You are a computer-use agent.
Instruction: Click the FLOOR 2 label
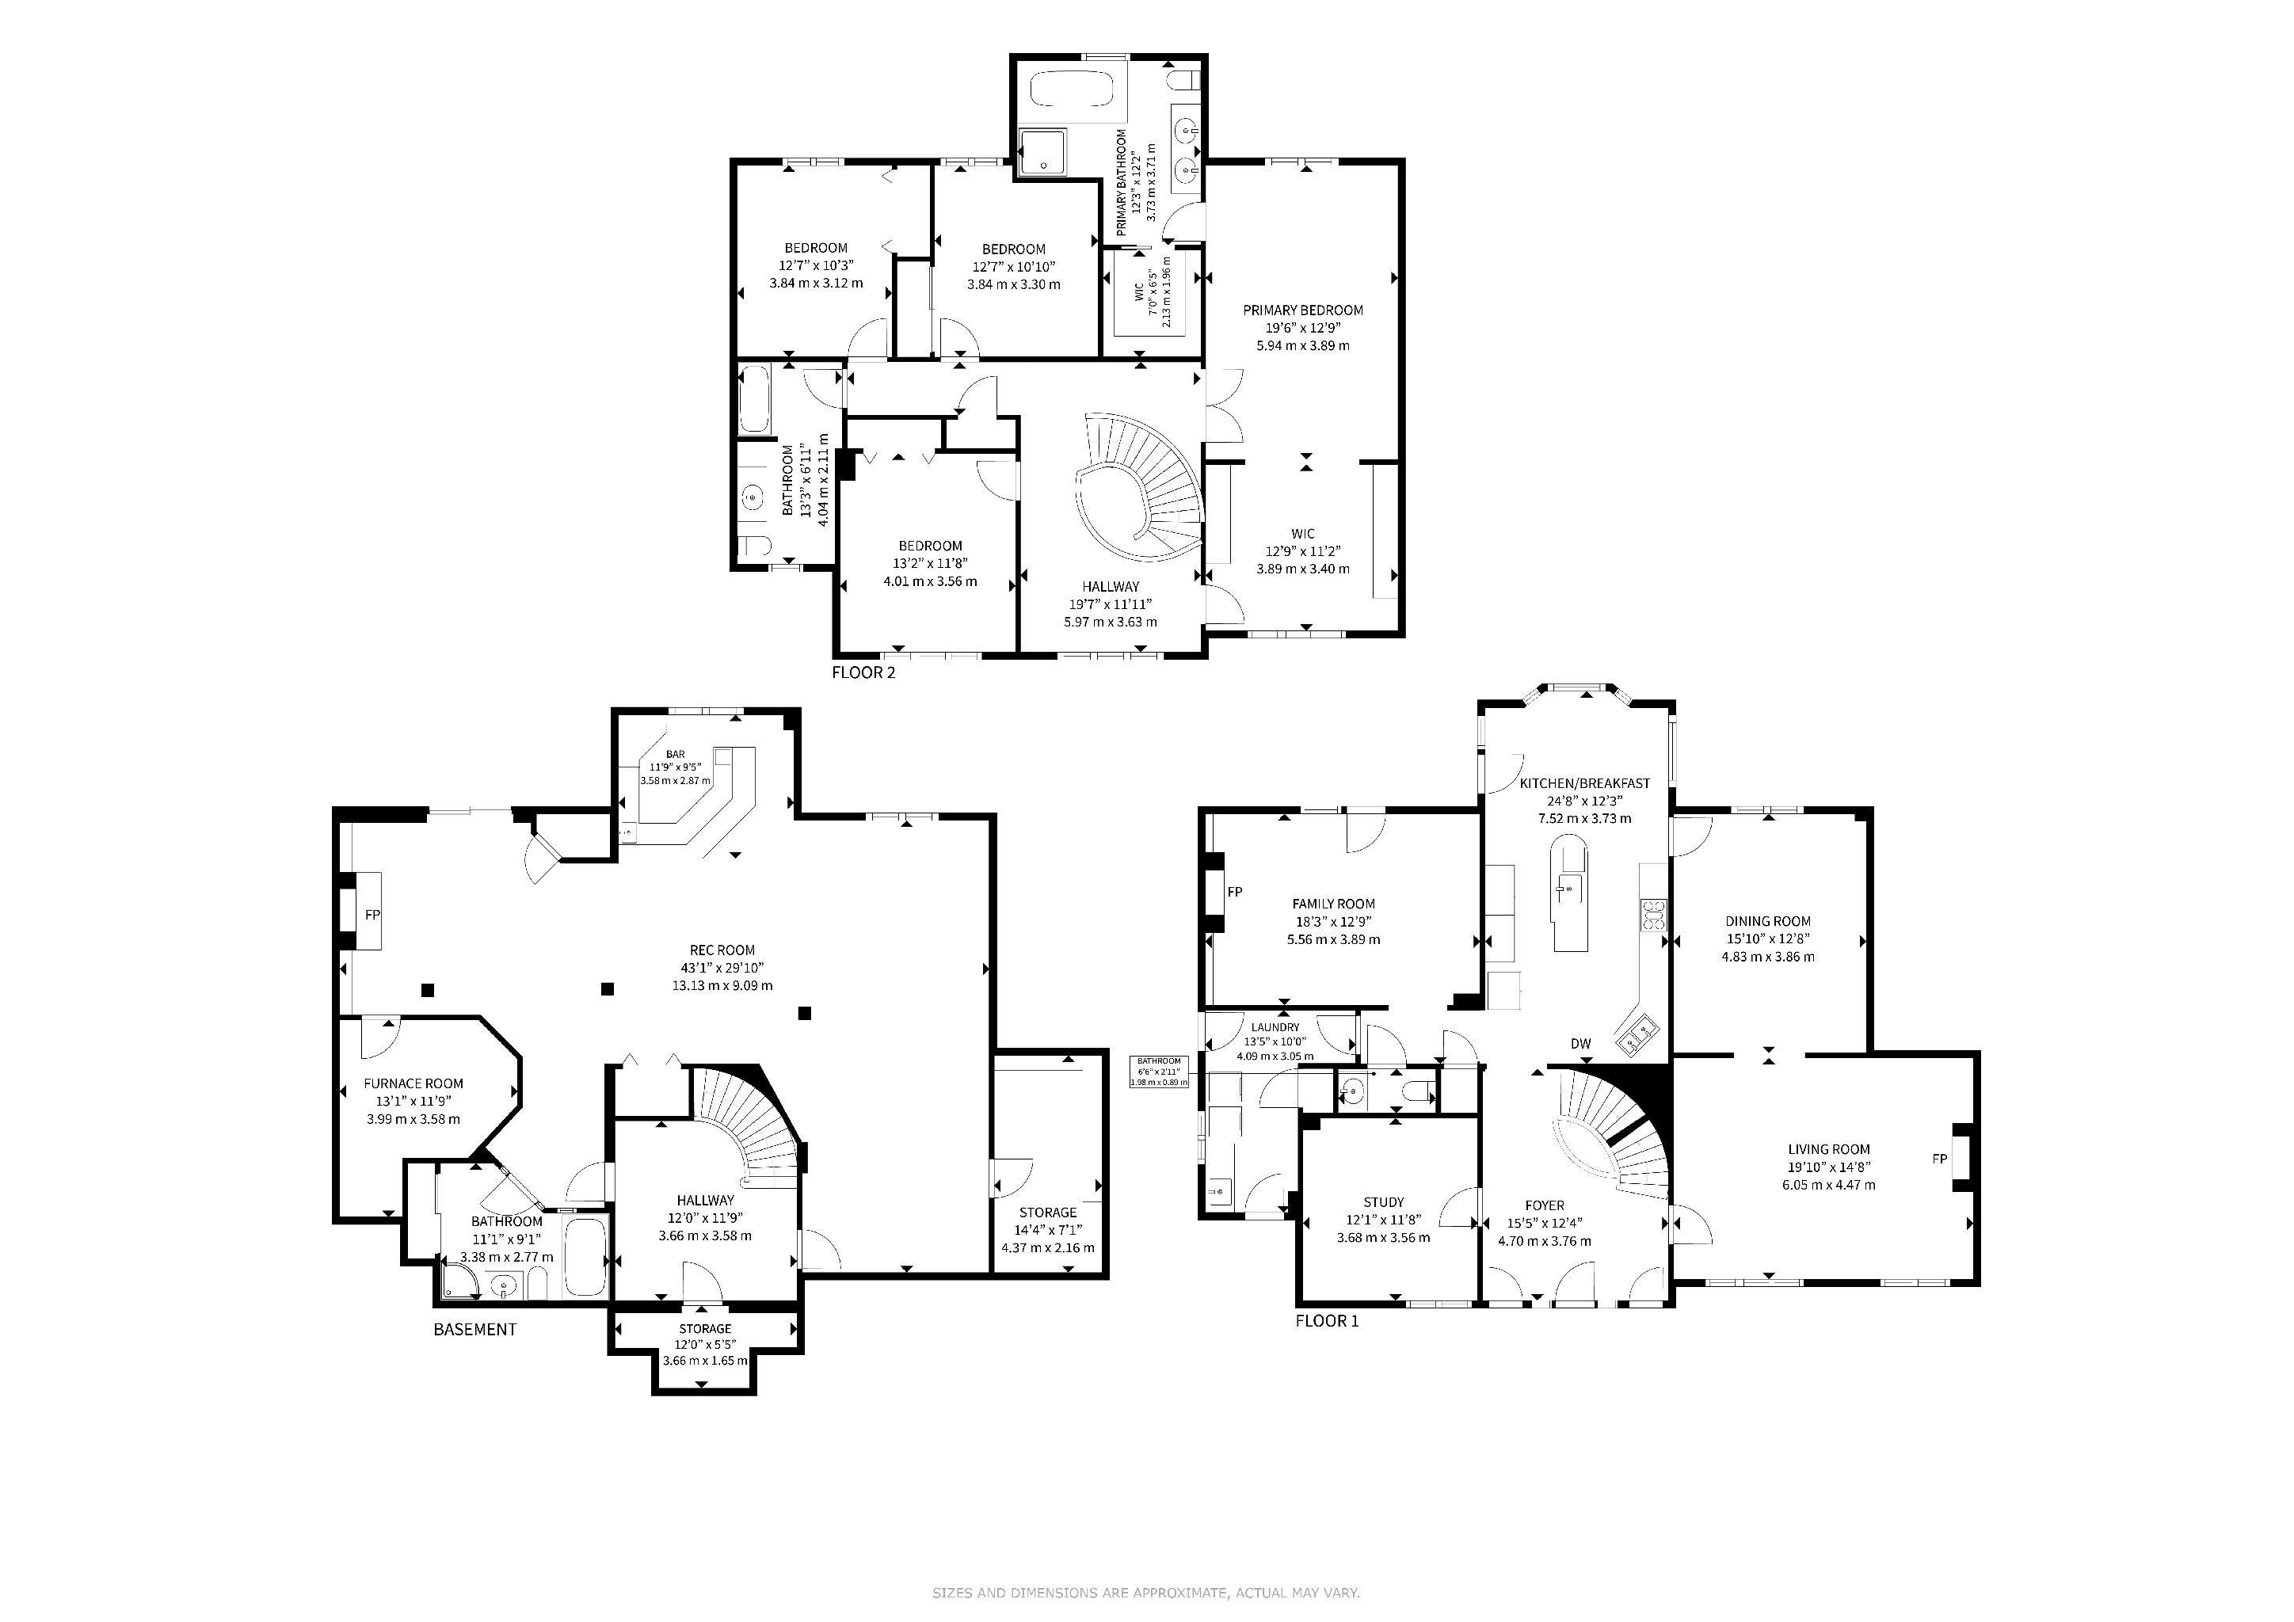tap(863, 672)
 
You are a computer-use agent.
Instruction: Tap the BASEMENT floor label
tap(474, 1330)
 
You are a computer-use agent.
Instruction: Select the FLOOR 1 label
tap(1327, 1320)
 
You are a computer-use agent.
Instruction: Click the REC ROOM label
tap(722, 950)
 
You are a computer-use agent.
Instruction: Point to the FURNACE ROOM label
tap(413, 1083)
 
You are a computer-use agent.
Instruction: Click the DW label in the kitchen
tap(1580, 1044)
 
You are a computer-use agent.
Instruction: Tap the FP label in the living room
tap(1939, 1159)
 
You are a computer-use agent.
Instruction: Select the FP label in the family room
tap(1235, 892)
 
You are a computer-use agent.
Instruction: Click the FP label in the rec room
tap(372, 914)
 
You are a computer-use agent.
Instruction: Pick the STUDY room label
tap(1383, 1201)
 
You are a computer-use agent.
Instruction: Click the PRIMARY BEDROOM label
tap(1303, 310)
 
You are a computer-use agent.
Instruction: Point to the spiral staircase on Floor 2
tap(1139, 489)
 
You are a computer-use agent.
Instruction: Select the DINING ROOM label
tap(1767, 921)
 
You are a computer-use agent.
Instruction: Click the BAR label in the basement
tap(676, 754)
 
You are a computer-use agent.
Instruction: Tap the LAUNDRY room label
tap(1275, 1026)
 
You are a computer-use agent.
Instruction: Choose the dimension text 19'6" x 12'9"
tap(1303, 328)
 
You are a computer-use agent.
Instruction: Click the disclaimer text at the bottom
tap(1146, 1593)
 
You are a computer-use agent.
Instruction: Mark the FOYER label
tap(1544, 1205)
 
